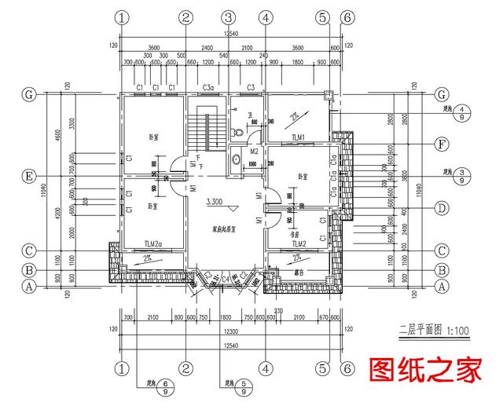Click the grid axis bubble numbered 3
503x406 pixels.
point(228,17)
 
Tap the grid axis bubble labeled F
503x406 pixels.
point(441,144)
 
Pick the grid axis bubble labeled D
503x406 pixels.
point(441,208)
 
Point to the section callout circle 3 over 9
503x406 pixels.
point(465,175)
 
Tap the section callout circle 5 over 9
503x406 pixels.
point(245,386)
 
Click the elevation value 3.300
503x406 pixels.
point(215,202)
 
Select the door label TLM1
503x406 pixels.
point(299,137)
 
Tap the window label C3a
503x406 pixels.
point(209,86)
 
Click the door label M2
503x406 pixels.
point(255,151)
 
